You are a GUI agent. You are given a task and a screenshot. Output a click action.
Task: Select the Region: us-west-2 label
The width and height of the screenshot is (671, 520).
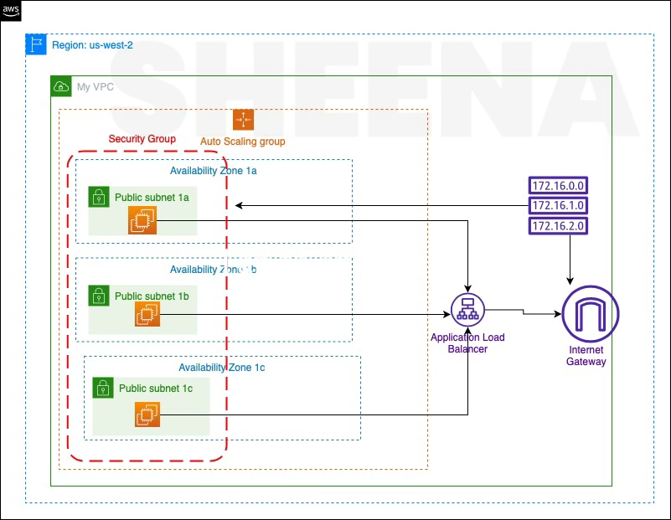click(x=92, y=45)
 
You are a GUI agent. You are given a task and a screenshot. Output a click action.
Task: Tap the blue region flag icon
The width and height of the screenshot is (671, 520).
click(x=36, y=44)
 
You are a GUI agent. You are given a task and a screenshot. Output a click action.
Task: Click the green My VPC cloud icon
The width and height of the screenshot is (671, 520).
click(x=61, y=86)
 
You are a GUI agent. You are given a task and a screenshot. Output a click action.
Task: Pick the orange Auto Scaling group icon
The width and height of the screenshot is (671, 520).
click(x=243, y=120)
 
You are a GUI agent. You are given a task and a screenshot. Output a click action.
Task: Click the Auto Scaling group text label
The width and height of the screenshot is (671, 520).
click(x=243, y=142)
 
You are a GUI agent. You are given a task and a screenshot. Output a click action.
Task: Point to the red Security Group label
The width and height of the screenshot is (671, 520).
click(x=142, y=138)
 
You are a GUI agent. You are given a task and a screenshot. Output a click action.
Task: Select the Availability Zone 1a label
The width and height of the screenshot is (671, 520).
click(x=213, y=171)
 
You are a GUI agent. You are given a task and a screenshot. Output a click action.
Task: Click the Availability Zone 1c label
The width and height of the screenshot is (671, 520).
click(x=221, y=367)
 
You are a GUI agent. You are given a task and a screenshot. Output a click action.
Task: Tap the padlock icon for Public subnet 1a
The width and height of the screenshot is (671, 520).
click(x=99, y=197)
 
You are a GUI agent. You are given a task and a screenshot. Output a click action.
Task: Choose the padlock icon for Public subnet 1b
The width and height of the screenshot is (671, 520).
click(x=99, y=295)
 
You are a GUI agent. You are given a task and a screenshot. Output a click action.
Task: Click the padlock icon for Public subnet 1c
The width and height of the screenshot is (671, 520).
click(x=103, y=387)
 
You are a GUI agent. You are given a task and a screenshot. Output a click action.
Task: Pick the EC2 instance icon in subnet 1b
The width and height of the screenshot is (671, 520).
click(x=146, y=315)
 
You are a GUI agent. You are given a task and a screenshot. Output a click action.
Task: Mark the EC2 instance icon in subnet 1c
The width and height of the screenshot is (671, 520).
click(x=147, y=414)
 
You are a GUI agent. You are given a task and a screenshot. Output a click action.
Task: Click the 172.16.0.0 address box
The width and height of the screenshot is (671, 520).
click(x=557, y=185)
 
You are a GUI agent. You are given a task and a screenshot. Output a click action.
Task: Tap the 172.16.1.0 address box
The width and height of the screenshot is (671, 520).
click(x=557, y=205)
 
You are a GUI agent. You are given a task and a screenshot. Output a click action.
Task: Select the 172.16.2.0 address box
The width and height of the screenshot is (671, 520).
click(x=557, y=225)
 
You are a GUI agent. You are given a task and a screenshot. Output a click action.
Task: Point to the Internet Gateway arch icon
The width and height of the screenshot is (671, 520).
click(x=591, y=315)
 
